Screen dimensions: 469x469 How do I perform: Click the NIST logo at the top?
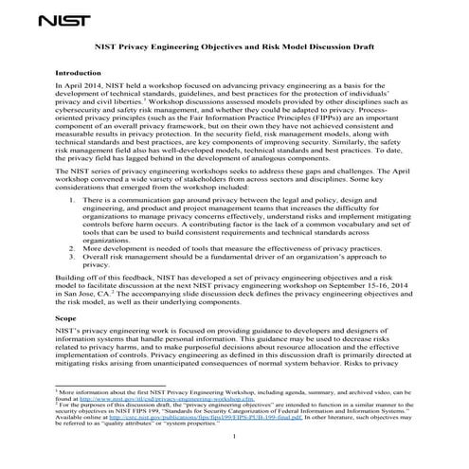[71, 16]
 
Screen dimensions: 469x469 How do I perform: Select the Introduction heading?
[82, 72]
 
